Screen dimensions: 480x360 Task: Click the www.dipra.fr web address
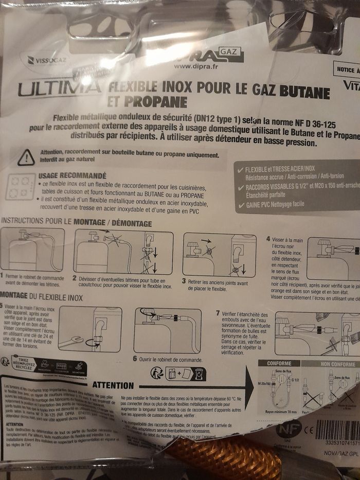196,66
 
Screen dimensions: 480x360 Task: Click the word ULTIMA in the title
59,88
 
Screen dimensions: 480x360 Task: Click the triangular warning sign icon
26,157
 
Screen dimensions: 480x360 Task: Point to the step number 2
75,278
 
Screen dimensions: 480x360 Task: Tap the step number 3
184,281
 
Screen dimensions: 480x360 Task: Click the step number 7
218,313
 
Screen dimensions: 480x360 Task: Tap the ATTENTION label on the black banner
113,385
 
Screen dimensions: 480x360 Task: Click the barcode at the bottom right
337,430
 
